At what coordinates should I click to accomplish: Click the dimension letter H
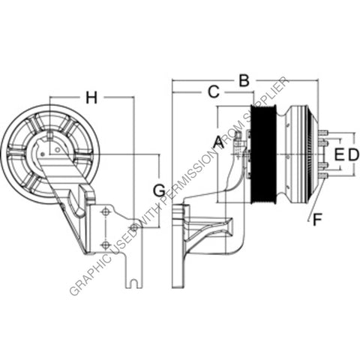[91, 97]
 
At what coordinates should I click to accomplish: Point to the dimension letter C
[212, 91]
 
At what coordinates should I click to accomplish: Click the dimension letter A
[217, 141]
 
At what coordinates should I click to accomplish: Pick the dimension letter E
[339, 154]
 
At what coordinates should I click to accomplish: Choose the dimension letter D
[354, 154]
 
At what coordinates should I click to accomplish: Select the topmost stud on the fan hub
[324, 134]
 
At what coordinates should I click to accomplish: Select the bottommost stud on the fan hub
[324, 175]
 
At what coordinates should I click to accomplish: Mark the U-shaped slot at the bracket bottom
[130, 283]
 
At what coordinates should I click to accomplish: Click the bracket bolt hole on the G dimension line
[133, 227]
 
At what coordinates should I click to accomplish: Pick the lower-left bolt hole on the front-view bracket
[106, 242]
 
